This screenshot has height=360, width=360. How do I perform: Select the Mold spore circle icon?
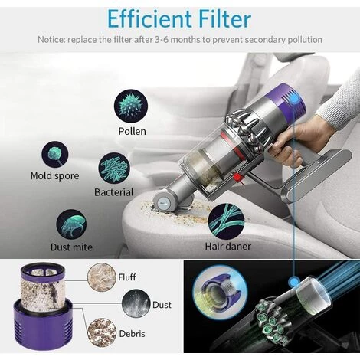coord(56,155)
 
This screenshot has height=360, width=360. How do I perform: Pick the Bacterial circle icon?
coord(113,168)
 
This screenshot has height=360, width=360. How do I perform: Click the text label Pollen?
coord(132,131)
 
